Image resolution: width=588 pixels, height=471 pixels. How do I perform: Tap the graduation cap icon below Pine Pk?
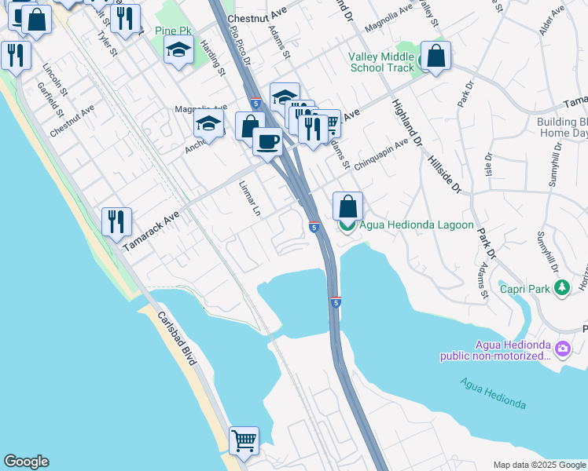click(x=178, y=51)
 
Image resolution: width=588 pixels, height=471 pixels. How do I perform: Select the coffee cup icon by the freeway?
click(x=268, y=142)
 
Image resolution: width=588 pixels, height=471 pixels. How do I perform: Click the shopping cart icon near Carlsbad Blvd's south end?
click(x=244, y=440)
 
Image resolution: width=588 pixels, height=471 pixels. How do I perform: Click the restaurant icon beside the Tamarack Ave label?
click(x=116, y=221)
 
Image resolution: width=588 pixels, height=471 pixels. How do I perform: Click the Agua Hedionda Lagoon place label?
click(x=417, y=225)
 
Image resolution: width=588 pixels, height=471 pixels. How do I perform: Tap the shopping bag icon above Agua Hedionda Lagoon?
click(x=347, y=207)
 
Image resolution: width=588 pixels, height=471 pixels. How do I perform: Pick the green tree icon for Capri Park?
click(x=561, y=288)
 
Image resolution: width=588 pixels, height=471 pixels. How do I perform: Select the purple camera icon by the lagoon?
click(x=563, y=348)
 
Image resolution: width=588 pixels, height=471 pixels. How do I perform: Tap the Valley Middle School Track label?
click(x=381, y=62)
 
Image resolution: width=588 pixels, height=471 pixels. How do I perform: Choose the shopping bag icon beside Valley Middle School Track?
click(x=435, y=56)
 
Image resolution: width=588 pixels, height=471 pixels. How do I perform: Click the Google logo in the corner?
click(x=26, y=462)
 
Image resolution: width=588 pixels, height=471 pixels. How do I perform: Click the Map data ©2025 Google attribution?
click(x=538, y=465)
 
